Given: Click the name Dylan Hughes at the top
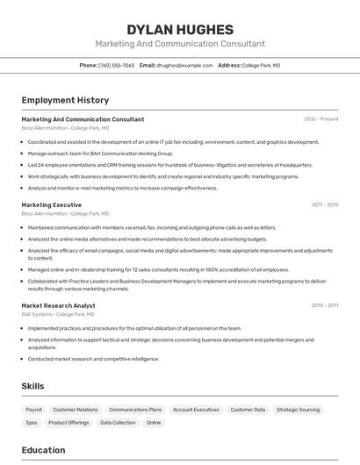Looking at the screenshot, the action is [x=180, y=30].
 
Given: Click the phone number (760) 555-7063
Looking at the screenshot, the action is [x=117, y=65].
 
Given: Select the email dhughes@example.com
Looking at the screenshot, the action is [x=184, y=65].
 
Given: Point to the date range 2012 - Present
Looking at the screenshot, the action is [x=321, y=118].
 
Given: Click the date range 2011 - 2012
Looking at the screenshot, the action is [x=324, y=204].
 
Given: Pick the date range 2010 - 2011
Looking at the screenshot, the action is [x=324, y=305].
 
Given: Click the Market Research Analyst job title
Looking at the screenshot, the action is [x=58, y=305].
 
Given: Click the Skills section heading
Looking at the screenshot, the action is [x=33, y=386].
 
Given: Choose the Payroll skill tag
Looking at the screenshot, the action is [x=33, y=410].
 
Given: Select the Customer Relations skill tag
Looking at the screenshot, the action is [x=76, y=410].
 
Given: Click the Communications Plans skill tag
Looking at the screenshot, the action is [x=135, y=410].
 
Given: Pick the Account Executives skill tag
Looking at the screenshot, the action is [x=196, y=410].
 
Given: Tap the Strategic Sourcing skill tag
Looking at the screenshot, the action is [x=298, y=410].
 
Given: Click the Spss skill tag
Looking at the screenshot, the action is [x=32, y=423].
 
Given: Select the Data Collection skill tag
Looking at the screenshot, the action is [x=118, y=423].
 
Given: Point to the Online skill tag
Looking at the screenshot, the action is [x=154, y=423].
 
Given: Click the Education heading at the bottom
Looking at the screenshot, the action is [x=43, y=450].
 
